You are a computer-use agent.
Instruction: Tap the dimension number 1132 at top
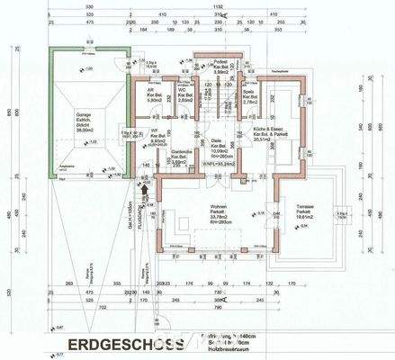(219, 5)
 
